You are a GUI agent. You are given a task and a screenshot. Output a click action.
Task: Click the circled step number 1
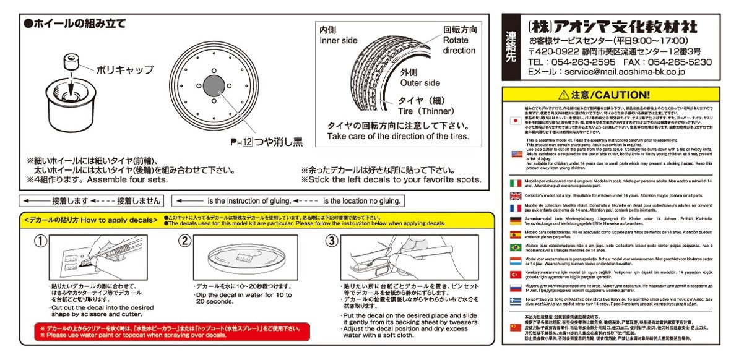pos(40,241)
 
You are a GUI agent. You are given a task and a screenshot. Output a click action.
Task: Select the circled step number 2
pos(184,241)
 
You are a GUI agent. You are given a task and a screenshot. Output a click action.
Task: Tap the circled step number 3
pos(331,241)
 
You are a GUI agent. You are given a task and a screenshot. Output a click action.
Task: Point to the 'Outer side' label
pos(420,83)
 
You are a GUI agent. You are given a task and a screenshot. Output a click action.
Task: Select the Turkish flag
pos(514,274)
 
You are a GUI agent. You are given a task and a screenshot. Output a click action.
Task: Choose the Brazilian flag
pos(514,247)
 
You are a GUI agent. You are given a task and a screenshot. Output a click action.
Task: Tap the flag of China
pos(514,327)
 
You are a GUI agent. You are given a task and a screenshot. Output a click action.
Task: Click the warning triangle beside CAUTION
pos(563,95)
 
